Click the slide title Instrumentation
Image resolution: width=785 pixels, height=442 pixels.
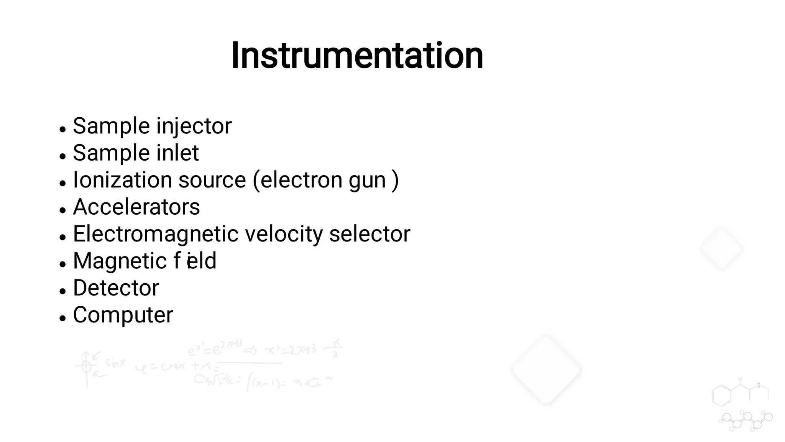pyautogui.click(x=357, y=56)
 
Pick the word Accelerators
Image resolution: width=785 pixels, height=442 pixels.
pyautogui.click(x=136, y=207)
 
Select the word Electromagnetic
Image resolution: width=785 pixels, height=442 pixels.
pyautogui.click(x=156, y=234)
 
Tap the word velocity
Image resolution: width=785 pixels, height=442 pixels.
pyautogui.click(x=284, y=234)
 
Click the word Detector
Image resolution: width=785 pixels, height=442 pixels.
pyautogui.click(x=116, y=288)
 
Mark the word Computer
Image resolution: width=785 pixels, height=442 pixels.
pyautogui.click(x=123, y=315)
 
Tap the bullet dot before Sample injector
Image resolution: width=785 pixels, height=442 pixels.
pyautogui.click(x=63, y=129)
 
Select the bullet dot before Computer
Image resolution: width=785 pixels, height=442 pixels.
pyautogui.click(x=63, y=318)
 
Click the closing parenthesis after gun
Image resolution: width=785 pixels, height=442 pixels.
pyautogui.click(x=395, y=180)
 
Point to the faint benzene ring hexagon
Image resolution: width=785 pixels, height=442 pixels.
pyautogui.click(x=721, y=395)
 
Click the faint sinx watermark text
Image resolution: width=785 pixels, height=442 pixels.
pyautogui.click(x=115, y=363)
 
